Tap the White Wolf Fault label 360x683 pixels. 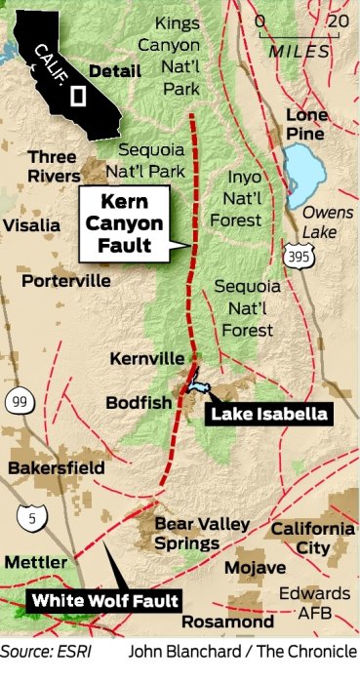click(105, 600)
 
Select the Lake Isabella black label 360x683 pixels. click(269, 414)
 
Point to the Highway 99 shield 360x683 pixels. click(17, 400)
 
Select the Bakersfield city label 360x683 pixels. click(56, 468)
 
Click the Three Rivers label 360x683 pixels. click(53, 167)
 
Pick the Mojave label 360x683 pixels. click(255, 568)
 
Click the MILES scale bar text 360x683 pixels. click(296, 48)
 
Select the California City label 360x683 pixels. click(312, 539)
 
